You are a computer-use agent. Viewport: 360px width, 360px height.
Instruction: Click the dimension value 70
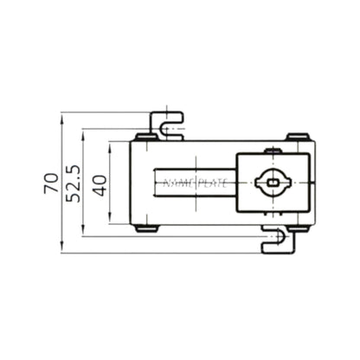pyautogui.click(x=50, y=183)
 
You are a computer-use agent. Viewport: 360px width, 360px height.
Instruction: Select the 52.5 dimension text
pyautogui.click(x=74, y=183)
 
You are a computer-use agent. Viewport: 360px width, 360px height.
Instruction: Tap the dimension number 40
pyautogui.click(x=100, y=183)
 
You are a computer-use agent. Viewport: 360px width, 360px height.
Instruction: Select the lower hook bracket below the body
pyautogui.click(x=279, y=241)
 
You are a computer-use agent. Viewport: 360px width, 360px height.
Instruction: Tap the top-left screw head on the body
pyautogui.click(x=146, y=136)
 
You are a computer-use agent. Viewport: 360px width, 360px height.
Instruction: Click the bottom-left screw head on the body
pyautogui.click(x=146, y=228)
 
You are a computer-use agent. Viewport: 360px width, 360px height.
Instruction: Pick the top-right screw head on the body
pyautogui.click(x=298, y=136)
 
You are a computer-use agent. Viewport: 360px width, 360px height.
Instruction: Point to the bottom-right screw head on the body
pyautogui.click(x=298, y=228)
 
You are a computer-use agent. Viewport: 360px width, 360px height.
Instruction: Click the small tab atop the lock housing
pyautogui.click(x=273, y=151)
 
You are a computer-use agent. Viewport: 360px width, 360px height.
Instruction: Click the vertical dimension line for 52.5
pyautogui.click(x=83, y=216)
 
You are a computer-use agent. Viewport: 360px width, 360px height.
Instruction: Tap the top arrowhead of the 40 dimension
pyautogui.click(x=111, y=147)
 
